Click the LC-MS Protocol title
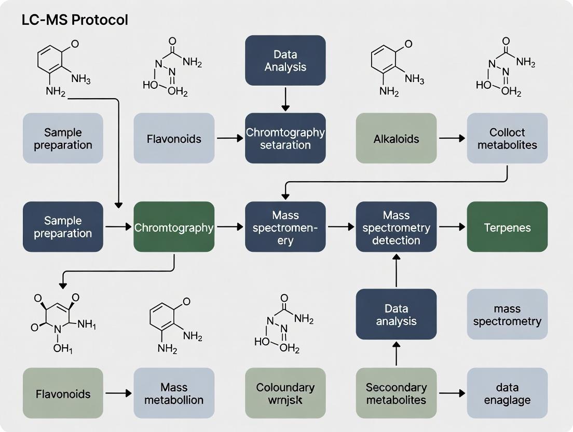pyautogui.click(x=75, y=20)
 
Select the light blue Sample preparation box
pyautogui.click(x=63, y=138)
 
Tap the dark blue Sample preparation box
pyautogui.click(x=63, y=227)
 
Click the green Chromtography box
pyautogui.click(x=174, y=227)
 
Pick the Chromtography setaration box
pyautogui.click(x=285, y=138)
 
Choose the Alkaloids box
pyautogui.click(x=396, y=138)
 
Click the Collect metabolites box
pyautogui.click(x=507, y=138)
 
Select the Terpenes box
pyautogui.click(x=507, y=227)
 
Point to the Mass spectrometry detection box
pyautogui.click(x=396, y=227)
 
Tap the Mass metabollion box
pyautogui.click(x=174, y=393)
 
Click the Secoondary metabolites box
pyautogui.click(x=396, y=393)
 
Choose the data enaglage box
pyautogui.click(x=507, y=393)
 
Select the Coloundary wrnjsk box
pyautogui.click(x=285, y=393)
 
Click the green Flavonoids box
pyautogui.click(x=63, y=393)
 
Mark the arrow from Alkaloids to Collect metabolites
pyautogui.click(x=452, y=138)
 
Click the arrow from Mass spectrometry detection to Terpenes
pyautogui.click(x=452, y=227)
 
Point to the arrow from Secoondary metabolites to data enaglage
pyautogui.click(x=452, y=393)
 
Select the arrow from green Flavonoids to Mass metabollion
pyautogui.click(x=118, y=393)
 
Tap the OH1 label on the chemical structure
pyautogui.click(x=63, y=348)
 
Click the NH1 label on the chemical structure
pyautogui.click(x=87, y=325)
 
